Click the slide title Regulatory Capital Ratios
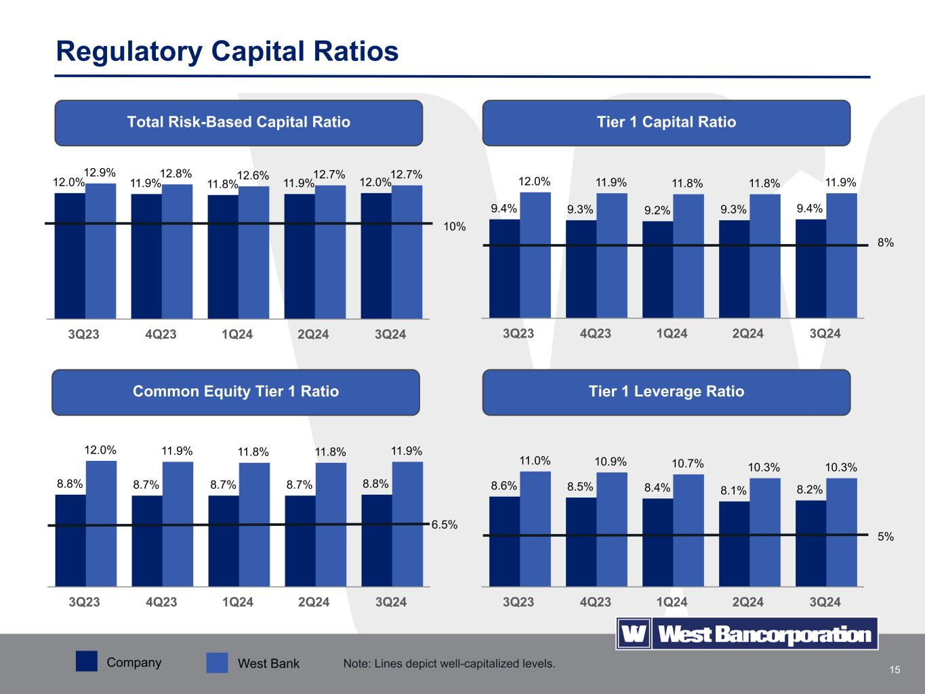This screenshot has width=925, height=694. tap(227, 52)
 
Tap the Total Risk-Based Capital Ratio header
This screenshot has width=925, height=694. tap(239, 123)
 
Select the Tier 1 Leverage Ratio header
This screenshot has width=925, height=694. tap(665, 392)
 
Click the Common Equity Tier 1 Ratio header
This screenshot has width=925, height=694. tap(236, 392)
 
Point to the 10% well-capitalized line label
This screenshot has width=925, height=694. tap(455, 227)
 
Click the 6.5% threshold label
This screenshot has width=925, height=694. tap(445, 525)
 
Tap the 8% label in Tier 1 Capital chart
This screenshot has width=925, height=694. tap(885, 243)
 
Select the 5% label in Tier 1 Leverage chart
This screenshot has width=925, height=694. tap(885, 537)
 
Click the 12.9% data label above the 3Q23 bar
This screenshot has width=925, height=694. tap(100, 173)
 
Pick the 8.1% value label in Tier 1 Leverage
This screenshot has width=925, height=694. tap(733, 491)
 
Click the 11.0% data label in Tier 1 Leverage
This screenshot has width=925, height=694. tap(535, 461)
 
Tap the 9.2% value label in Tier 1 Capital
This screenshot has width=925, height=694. tap(657, 211)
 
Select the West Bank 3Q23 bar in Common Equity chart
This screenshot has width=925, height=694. tap(101, 523)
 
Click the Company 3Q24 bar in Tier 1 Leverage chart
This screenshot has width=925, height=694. tap(810, 542)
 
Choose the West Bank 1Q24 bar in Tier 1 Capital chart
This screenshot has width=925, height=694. tap(688, 256)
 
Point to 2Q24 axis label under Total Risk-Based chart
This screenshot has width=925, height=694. tap(314, 335)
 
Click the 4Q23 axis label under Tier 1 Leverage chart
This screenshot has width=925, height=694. tap(595, 602)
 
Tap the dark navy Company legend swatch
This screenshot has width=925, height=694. tap(86, 662)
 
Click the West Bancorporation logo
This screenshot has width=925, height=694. tap(746, 634)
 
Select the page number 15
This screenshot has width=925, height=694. tap(895, 670)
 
